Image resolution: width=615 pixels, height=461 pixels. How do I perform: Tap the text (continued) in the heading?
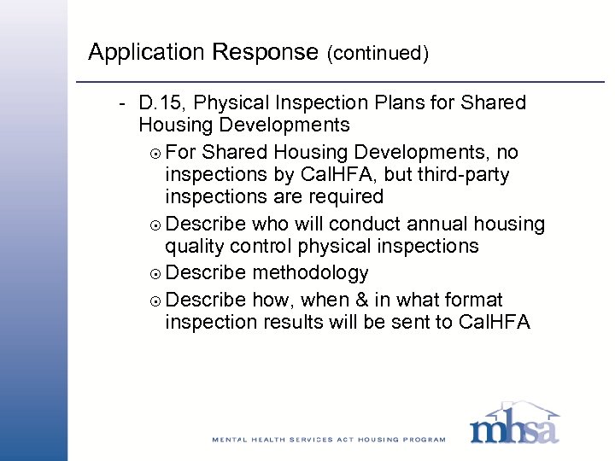[x=377, y=54]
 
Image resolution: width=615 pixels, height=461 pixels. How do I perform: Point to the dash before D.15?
[x=123, y=103]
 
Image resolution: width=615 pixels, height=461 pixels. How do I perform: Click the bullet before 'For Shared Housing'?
[x=154, y=153]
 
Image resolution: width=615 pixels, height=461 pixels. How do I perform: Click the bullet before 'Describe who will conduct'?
[x=154, y=225]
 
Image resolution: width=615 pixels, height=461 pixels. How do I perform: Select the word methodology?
[x=311, y=273]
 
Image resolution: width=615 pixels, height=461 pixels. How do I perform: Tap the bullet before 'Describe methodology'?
[x=154, y=274]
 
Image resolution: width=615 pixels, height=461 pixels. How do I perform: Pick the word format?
[x=474, y=300]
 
